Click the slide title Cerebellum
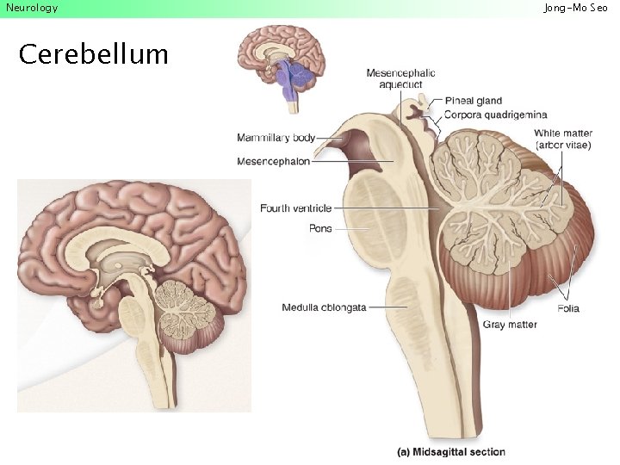point(93,54)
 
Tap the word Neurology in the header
point(32,8)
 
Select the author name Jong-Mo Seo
point(575,8)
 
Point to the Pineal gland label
point(474,102)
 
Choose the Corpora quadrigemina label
point(495,115)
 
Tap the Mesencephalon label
point(273,161)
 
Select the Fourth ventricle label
point(295,208)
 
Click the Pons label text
point(320,228)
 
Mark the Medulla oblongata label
point(324,307)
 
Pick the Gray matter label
point(510,325)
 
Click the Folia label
point(568,308)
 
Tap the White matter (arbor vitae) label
point(563,139)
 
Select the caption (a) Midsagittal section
point(451,452)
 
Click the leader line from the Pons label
point(353,228)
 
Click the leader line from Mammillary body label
point(329,136)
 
